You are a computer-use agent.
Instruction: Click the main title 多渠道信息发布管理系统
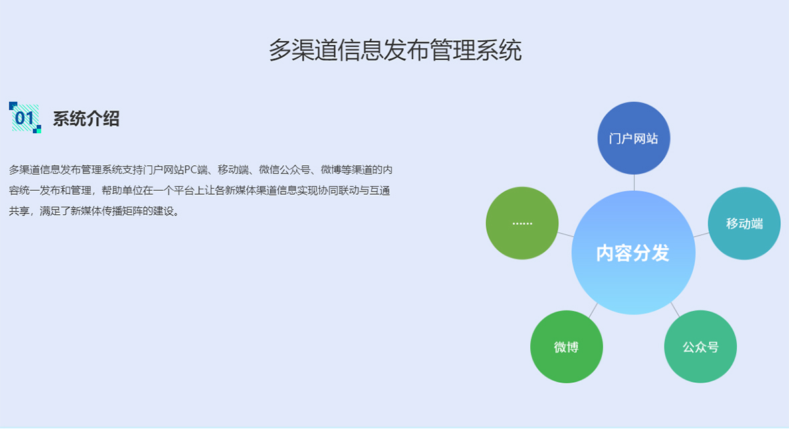tap(394, 50)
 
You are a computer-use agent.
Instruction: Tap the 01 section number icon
tap(25, 118)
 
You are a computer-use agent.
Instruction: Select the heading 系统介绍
tap(86, 119)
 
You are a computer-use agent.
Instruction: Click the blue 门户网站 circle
tap(633, 139)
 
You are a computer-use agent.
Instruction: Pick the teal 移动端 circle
tap(744, 224)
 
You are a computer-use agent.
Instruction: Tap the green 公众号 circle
tap(700, 347)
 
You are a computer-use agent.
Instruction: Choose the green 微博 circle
tap(566, 347)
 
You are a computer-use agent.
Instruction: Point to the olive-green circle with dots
tap(522, 223)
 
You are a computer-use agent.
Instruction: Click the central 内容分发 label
tap(633, 253)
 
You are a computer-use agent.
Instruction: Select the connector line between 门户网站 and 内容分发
tap(634, 182)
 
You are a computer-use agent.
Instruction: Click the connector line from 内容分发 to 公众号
tap(675, 309)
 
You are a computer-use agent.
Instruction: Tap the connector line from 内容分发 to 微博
tap(593, 310)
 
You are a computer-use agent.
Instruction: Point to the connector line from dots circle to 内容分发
tap(566, 235)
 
